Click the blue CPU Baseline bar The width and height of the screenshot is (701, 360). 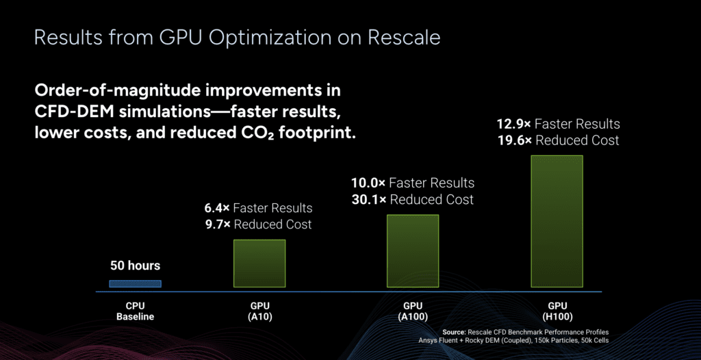(x=136, y=283)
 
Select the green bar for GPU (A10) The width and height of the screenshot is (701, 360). (x=259, y=263)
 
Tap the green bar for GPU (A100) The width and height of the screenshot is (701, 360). (x=412, y=251)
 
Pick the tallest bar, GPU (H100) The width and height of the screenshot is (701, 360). (x=557, y=222)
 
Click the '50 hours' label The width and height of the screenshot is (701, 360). (x=135, y=266)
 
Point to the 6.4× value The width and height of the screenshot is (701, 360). (x=218, y=208)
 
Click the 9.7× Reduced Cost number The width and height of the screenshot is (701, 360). (x=218, y=224)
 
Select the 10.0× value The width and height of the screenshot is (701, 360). (x=368, y=183)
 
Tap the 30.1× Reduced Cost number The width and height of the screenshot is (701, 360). (x=368, y=200)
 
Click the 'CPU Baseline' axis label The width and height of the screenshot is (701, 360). (x=135, y=311)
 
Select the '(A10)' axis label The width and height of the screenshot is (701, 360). (x=260, y=317)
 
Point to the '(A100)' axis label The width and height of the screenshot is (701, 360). (x=412, y=317)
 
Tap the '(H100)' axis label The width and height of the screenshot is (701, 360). (x=557, y=317)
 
